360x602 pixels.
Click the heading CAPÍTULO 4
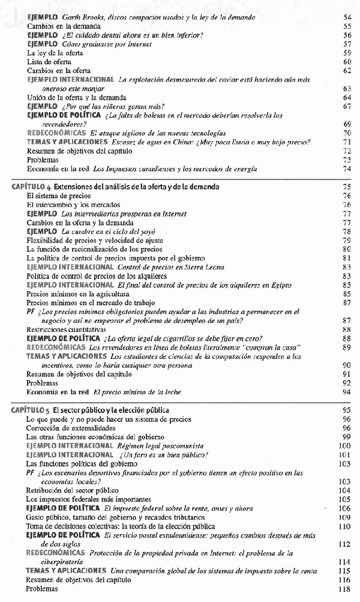(31, 187)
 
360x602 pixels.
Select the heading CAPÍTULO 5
(31, 409)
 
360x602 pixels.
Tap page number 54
(347, 17)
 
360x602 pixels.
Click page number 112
(344, 544)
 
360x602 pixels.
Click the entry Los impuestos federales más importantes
(88, 499)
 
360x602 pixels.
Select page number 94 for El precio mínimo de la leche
(346, 392)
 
